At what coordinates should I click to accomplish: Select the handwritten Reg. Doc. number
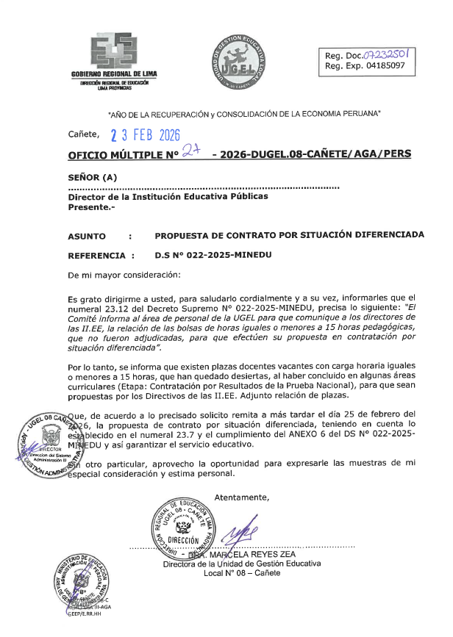(x=393, y=54)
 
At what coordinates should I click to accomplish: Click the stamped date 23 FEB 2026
(x=146, y=134)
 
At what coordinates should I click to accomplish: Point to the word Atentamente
(x=242, y=497)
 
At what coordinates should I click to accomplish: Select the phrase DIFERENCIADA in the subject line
(x=383, y=237)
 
